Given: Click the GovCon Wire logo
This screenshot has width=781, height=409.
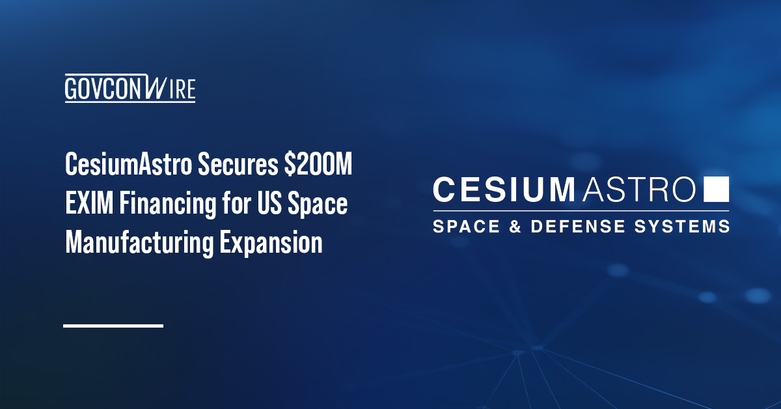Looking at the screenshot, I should tap(130, 89).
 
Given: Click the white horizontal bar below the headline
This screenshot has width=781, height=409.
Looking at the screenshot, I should tap(113, 325).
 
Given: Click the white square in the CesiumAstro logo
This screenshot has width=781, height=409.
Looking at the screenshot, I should tap(717, 189).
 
